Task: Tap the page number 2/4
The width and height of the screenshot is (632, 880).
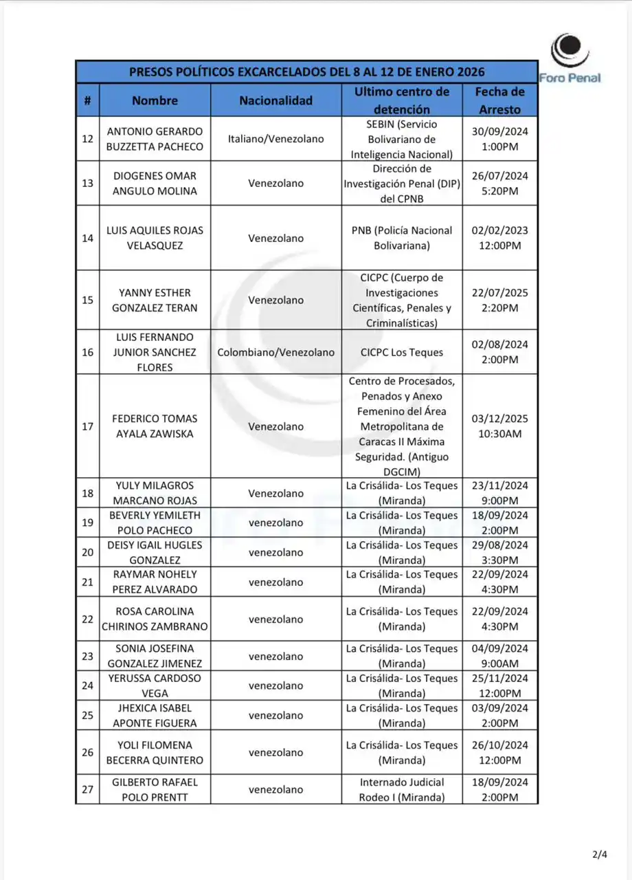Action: click(x=600, y=855)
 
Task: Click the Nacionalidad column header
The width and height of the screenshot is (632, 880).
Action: click(x=275, y=100)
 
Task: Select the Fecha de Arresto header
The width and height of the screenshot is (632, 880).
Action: click(x=499, y=100)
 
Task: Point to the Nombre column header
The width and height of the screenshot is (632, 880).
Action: click(x=155, y=100)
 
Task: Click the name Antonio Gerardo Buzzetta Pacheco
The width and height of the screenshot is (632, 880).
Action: click(x=155, y=139)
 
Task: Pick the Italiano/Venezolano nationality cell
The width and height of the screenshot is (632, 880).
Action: click(x=275, y=139)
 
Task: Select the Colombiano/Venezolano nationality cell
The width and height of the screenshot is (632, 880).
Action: click(x=275, y=352)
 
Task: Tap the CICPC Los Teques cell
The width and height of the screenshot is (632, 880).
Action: click(x=402, y=352)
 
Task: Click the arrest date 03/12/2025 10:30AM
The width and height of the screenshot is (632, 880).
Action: click(x=499, y=426)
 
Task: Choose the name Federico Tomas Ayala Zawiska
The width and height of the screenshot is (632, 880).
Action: click(x=155, y=426)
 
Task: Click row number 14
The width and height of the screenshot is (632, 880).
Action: click(x=87, y=238)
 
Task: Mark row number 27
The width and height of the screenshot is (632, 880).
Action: click(x=87, y=789)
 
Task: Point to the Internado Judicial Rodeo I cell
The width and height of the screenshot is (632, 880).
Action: click(x=402, y=789)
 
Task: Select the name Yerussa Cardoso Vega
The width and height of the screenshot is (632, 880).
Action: click(x=155, y=685)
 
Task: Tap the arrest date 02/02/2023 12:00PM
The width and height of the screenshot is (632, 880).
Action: click(x=499, y=238)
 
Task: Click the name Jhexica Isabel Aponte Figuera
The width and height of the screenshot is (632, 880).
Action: click(x=155, y=715)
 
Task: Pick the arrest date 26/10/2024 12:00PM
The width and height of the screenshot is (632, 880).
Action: click(x=499, y=753)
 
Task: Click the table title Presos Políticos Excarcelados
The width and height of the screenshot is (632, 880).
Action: click(x=306, y=72)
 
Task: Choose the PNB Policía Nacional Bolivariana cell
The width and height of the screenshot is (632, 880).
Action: click(x=402, y=238)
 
